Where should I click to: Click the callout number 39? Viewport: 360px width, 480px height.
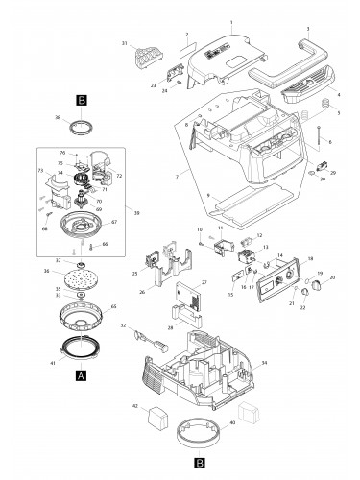click(137, 212)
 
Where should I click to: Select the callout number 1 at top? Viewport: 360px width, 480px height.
click(230, 20)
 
